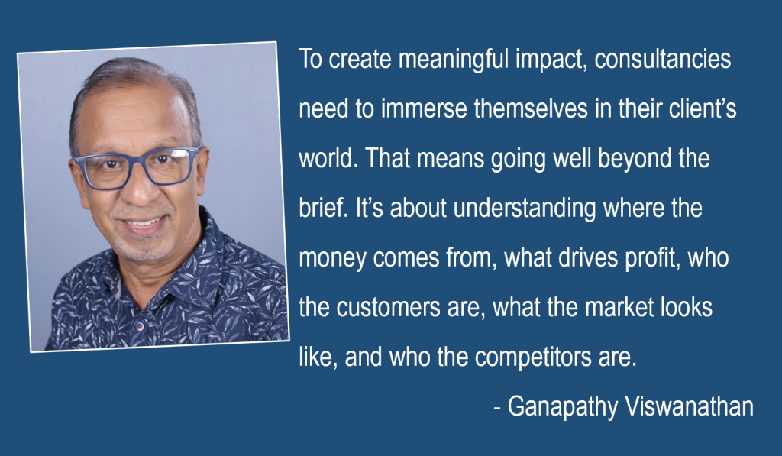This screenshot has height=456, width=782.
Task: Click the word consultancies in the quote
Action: (x=663, y=59)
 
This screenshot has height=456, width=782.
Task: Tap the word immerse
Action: (x=424, y=108)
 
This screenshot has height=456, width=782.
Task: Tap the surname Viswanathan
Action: (x=690, y=406)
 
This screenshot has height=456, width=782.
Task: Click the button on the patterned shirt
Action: (x=140, y=326)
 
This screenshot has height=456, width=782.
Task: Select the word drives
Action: (x=588, y=258)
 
